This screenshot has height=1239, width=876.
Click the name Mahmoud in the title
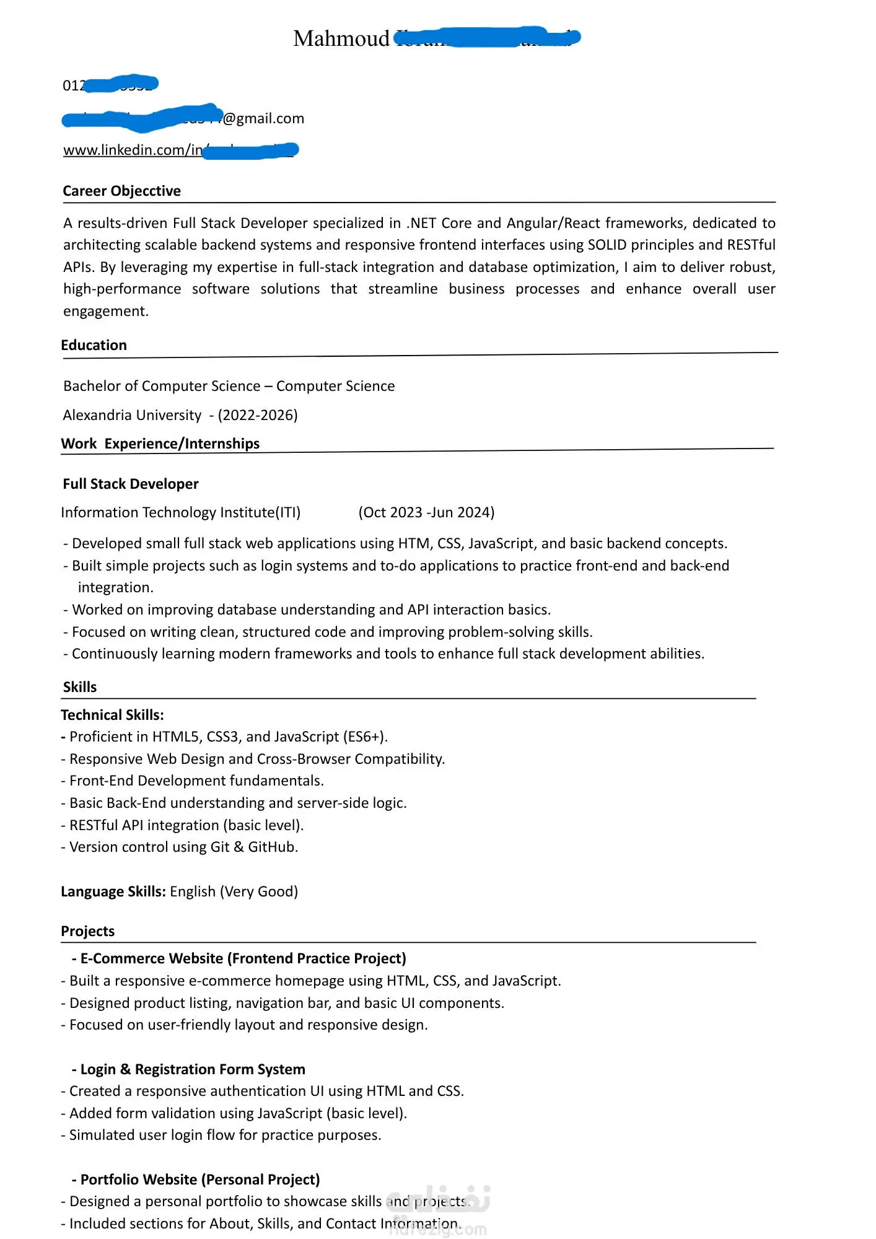(x=341, y=39)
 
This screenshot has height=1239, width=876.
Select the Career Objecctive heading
(x=121, y=191)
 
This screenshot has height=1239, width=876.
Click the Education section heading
(x=94, y=345)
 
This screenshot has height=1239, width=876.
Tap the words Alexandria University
(x=132, y=415)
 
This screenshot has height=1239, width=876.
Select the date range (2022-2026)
(x=258, y=415)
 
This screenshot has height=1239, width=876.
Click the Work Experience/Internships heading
(x=160, y=444)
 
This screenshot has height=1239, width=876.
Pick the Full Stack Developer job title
(x=131, y=484)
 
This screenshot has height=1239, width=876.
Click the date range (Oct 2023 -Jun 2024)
(x=426, y=512)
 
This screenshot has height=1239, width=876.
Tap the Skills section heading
(x=80, y=687)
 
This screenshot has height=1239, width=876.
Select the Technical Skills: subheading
(x=112, y=715)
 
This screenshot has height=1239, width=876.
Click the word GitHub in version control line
(x=273, y=847)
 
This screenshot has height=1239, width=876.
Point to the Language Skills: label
(x=113, y=891)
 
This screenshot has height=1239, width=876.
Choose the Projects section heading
(x=87, y=931)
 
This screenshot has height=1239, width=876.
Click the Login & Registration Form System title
(x=193, y=1069)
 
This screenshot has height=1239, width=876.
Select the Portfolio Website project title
(x=200, y=1180)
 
